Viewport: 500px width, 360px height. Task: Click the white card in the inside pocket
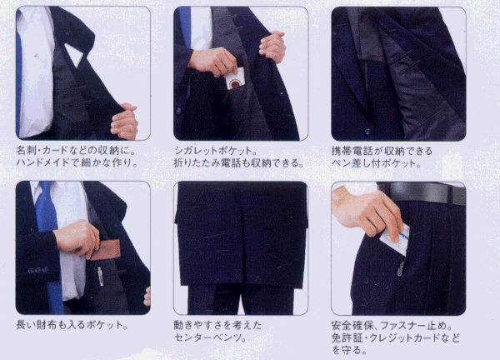pos(75,54)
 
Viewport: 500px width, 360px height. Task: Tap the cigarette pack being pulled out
pos(235,79)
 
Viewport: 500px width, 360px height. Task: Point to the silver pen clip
pos(100,276)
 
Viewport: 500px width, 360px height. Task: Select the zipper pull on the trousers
pos(400,269)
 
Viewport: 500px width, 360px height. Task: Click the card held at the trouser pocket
pos(395,240)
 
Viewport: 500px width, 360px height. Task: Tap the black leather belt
pos(422,192)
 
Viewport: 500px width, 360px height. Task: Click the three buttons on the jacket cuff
pos(38,270)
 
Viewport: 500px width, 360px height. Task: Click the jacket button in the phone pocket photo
pos(367,131)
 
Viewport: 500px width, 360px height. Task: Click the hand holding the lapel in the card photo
pos(125,122)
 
